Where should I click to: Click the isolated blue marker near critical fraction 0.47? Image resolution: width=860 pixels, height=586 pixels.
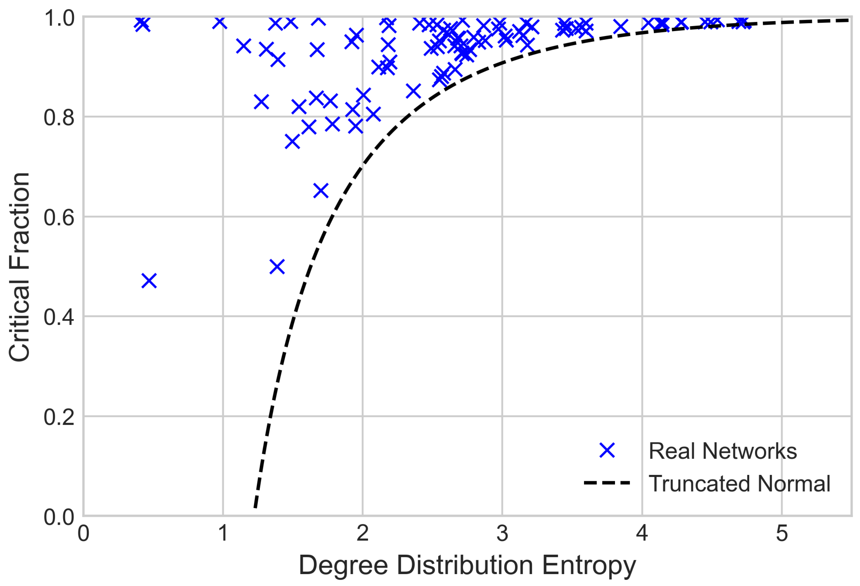click(x=149, y=281)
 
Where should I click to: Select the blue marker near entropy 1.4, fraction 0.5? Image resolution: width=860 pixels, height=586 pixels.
click(x=277, y=267)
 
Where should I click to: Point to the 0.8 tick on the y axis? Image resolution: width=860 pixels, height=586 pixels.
click(x=59, y=118)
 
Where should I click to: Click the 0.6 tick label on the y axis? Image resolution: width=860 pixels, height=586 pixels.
click(x=59, y=217)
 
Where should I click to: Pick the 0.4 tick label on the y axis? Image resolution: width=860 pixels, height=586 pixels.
click(x=59, y=317)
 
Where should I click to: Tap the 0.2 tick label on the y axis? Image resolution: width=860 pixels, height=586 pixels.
click(x=59, y=417)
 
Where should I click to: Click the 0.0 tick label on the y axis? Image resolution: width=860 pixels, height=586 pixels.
click(x=59, y=517)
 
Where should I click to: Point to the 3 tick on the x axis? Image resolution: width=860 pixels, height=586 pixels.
click(x=502, y=533)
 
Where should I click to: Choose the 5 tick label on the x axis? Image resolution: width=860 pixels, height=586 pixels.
click(x=781, y=533)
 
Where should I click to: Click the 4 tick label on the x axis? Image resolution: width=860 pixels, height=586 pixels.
click(x=642, y=533)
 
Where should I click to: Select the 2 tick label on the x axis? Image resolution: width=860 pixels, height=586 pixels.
click(x=363, y=533)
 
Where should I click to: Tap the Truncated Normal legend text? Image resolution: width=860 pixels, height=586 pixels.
click(x=739, y=484)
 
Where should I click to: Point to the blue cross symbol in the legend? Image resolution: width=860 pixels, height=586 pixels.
click(x=607, y=451)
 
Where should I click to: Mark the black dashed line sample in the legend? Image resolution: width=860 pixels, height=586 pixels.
click(x=607, y=483)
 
